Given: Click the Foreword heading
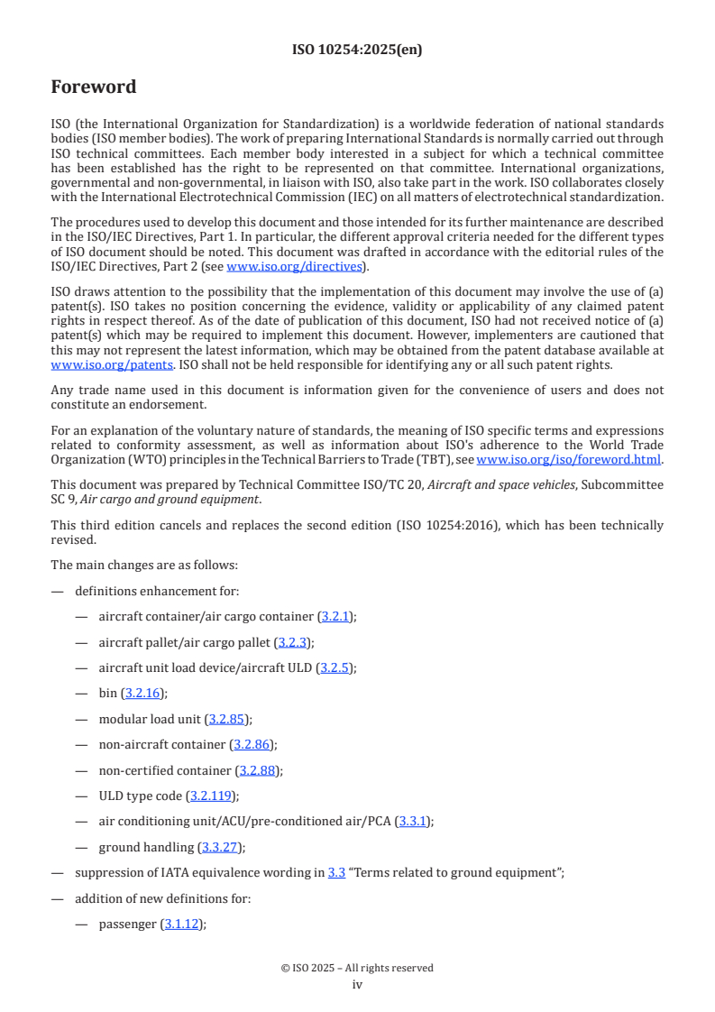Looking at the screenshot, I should [x=94, y=87].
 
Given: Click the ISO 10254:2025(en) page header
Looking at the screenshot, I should [x=357, y=51].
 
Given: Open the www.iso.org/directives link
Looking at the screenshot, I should [x=294, y=266].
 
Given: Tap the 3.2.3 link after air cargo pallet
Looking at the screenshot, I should [x=292, y=642].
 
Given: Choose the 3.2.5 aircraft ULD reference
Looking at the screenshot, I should [x=335, y=667].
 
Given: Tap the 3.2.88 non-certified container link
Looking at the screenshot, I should [x=259, y=770].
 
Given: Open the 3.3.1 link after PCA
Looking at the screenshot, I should [x=413, y=821].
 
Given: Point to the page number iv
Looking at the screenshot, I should [x=357, y=985].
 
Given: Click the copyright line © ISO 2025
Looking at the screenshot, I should [x=357, y=968].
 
